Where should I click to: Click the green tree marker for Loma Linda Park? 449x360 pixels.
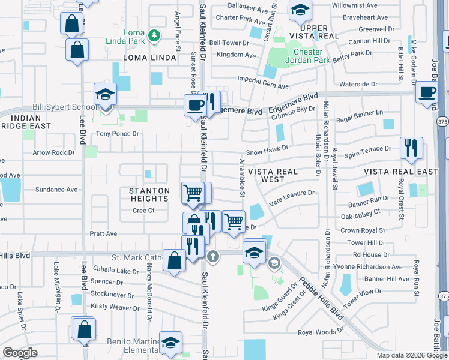pos(155,35)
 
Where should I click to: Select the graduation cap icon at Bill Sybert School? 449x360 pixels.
pos(105,95)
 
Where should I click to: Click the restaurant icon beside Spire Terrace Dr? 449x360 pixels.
pos(411,149)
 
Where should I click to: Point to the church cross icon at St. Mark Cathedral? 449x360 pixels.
pos(212,257)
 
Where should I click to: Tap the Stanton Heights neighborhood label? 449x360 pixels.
pos(149,194)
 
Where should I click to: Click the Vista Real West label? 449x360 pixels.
pos(273,175)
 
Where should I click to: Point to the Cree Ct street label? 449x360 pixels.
pos(143,211)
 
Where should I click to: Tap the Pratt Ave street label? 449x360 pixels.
pos(103,233)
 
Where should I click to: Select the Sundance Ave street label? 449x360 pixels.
pos(56,190)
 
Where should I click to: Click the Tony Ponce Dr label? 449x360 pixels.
pos(118,134)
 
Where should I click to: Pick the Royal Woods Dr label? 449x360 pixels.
pos(320,331)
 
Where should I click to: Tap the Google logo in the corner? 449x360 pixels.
pos(20,353)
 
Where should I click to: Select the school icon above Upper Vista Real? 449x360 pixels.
pos(300,10)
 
